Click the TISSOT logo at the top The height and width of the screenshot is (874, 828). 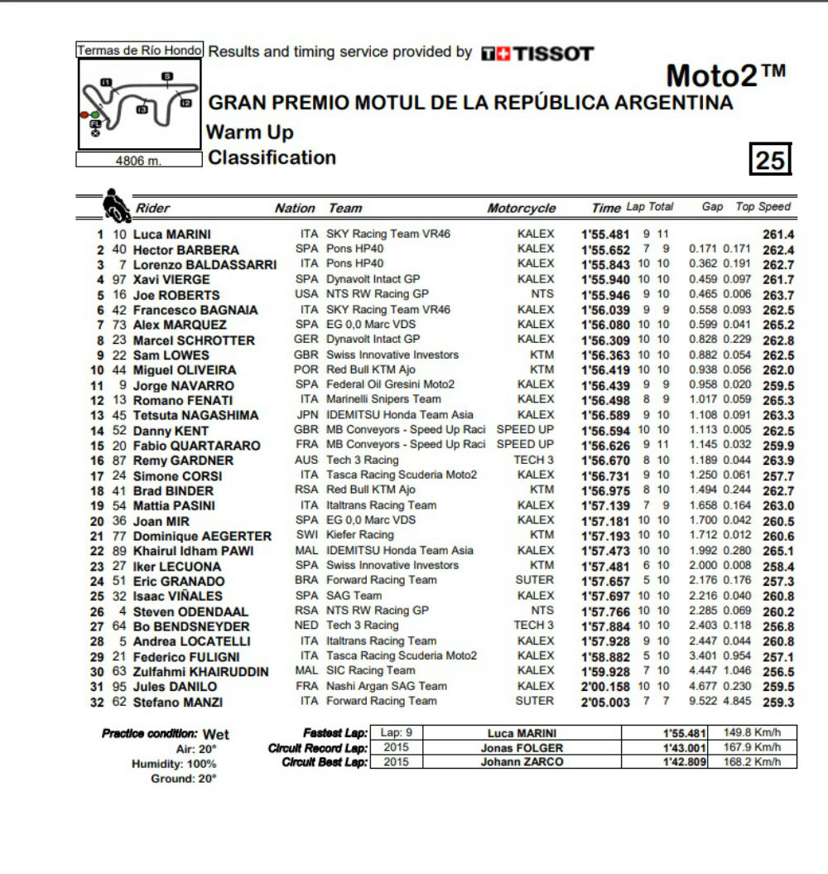[x=537, y=54]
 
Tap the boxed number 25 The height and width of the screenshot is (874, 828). [x=770, y=159]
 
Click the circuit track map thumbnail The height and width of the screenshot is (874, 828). [x=138, y=104]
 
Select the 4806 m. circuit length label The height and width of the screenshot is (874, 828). [x=138, y=161]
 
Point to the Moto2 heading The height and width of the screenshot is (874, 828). [x=724, y=76]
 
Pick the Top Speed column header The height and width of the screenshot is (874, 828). [x=763, y=207]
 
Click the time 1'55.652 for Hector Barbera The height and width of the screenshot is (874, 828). [x=605, y=249]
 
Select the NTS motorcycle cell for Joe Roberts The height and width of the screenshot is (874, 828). [x=542, y=294]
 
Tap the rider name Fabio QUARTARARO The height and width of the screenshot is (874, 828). [x=196, y=446]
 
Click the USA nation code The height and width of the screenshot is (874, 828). [x=306, y=294]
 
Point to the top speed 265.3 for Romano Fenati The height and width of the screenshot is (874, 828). [x=778, y=400]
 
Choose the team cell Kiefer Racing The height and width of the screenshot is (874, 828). [x=360, y=535]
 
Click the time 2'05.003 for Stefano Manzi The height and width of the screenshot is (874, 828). [x=605, y=702]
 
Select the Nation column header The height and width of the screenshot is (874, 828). [x=295, y=209]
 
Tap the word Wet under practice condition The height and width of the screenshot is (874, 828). [x=216, y=734]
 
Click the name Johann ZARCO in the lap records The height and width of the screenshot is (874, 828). [x=522, y=762]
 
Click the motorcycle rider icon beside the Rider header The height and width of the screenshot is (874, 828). [x=116, y=206]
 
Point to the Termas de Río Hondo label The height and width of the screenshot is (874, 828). [x=138, y=51]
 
